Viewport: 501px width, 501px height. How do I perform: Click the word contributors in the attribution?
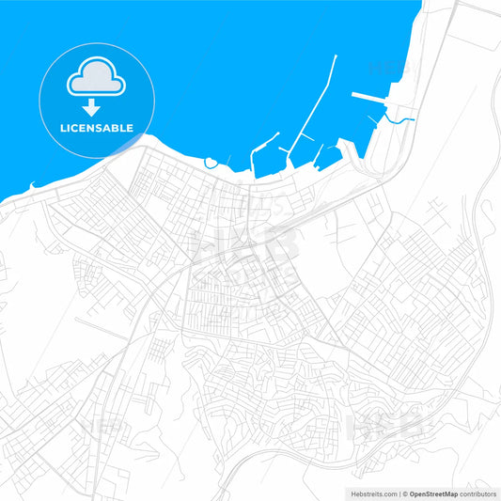point(478,493)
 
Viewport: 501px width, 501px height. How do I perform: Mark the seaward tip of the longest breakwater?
point(336,56)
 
